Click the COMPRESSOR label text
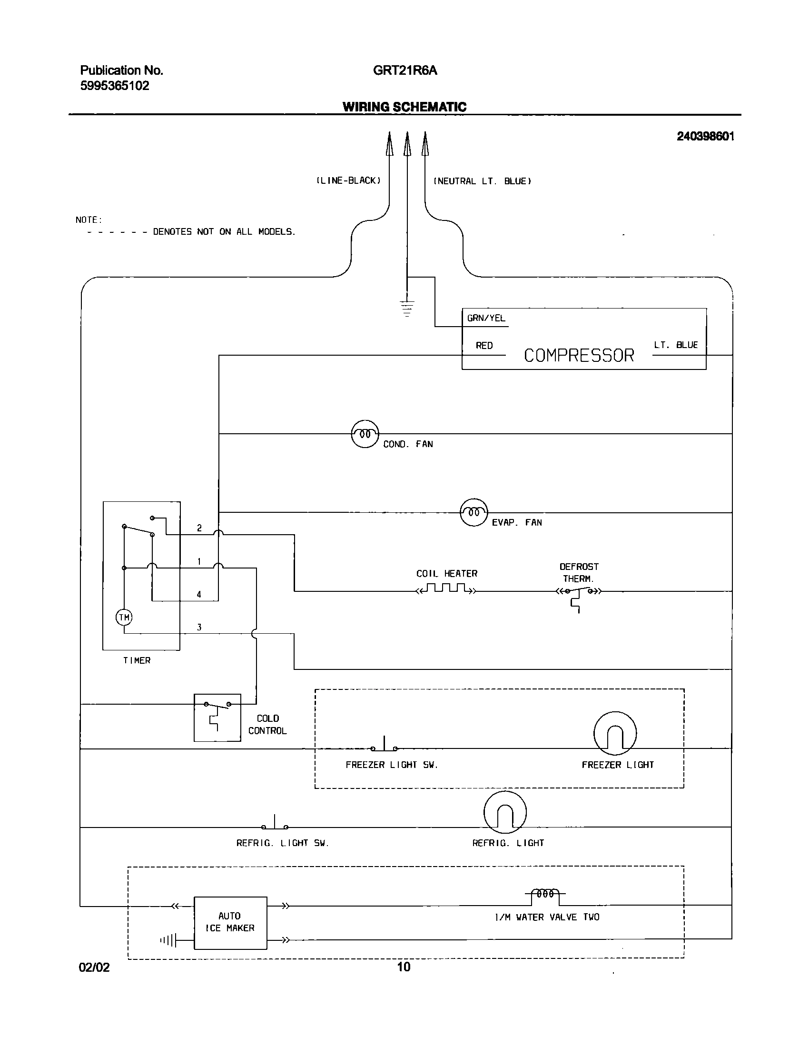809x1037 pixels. coord(579,356)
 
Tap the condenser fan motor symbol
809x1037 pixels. coord(365,434)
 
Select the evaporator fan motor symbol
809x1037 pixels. coord(474,512)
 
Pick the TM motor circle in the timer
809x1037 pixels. coord(124,618)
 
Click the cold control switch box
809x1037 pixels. coord(217,718)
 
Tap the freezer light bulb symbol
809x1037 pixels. coord(615,734)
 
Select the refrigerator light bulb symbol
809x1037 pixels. coord(505,813)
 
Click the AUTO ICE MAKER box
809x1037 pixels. coord(230,923)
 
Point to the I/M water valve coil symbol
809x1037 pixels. coord(545,894)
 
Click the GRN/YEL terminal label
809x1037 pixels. coord(486,318)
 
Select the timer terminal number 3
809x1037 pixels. coord(199,628)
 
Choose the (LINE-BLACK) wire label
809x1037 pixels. coord(349,181)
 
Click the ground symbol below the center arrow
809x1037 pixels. coord(407,309)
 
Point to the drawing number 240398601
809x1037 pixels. coord(705,137)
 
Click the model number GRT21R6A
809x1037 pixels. coord(404,70)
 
